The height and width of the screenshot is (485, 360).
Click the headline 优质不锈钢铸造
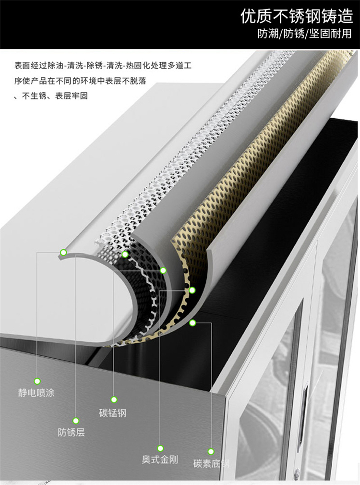click(297, 16)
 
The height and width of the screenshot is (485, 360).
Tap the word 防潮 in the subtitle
click(268, 34)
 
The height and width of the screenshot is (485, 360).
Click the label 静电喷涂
click(36, 393)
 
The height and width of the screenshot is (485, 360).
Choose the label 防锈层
click(71, 432)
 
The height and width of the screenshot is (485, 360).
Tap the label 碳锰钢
click(113, 413)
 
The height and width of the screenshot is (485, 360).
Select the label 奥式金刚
click(160, 460)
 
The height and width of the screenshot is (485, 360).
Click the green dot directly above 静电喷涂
click(37, 381)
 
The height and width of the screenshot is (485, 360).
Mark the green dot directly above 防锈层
click(76, 421)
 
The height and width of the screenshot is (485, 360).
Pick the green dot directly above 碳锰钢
click(114, 400)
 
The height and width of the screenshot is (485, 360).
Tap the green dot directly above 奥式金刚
click(160, 448)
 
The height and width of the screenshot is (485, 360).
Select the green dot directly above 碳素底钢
click(211, 451)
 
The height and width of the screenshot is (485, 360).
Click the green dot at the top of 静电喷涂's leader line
click(63, 253)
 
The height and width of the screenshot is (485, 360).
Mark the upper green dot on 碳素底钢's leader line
click(192, 323)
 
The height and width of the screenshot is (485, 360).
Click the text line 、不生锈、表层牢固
click(51, 96)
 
